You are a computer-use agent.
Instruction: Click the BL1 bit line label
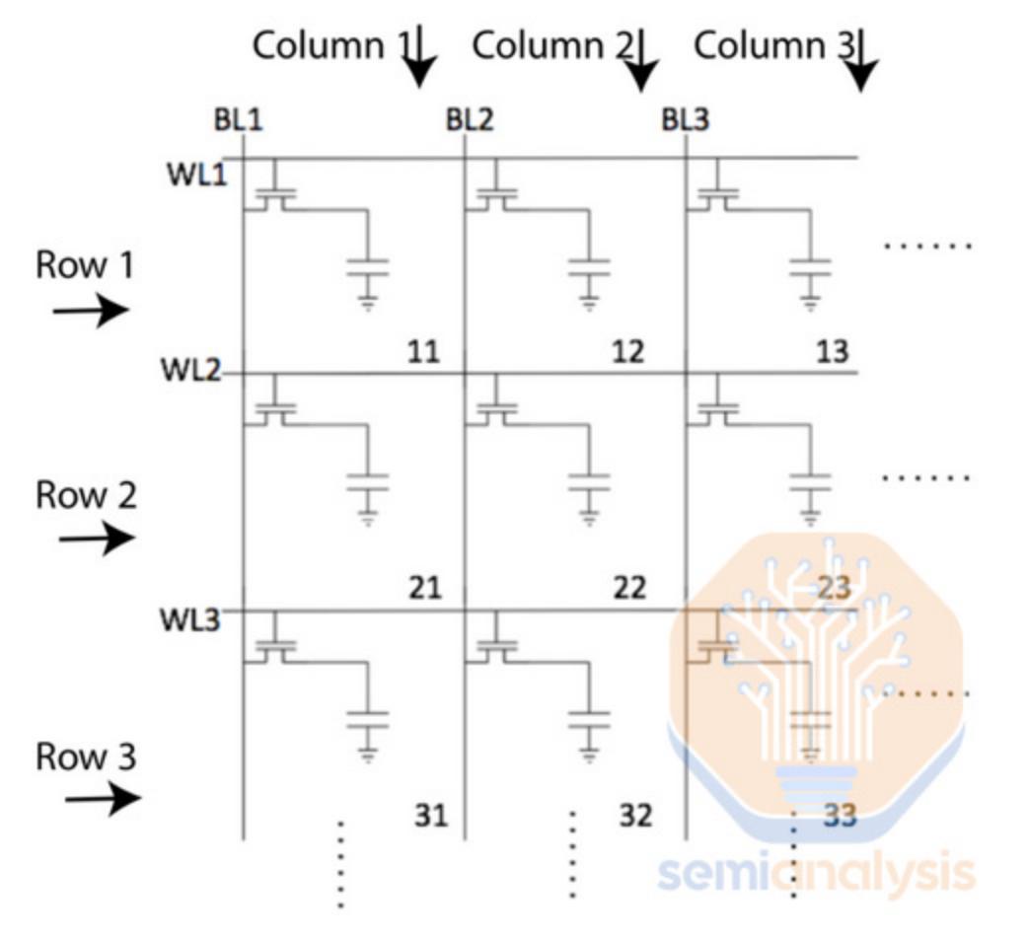pos(238,120)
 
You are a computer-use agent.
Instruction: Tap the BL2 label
pos(470,120)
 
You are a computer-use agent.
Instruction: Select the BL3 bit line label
pos(685,120)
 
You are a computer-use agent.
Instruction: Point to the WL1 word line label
pos(196,175)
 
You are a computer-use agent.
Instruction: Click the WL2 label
pos(191,370)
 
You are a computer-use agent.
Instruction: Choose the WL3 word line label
pos(190,619)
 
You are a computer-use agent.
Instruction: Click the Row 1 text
pos(85,264)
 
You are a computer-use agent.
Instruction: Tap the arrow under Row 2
pos(97,539)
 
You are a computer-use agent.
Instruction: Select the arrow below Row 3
pos(103,798)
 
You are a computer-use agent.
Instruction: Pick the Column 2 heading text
pos(553,46)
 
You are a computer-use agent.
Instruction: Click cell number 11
pos(423,352)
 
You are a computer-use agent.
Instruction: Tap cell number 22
pos(629,588)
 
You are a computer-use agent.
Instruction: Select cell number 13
pos(833,352)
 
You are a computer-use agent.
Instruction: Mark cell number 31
pos(431,816)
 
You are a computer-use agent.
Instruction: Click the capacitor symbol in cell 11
pos(368,267)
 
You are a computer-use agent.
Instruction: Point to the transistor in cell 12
pos(496,193)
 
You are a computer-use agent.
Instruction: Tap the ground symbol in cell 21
pos(368,517)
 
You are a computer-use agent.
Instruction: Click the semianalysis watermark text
pos(816,872)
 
